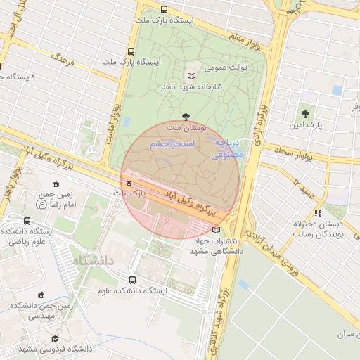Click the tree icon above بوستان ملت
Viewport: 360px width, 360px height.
coord(186,116)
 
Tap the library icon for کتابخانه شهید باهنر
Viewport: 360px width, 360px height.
coord(191,75)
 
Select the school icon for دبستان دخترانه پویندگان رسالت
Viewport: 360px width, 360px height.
coord(318,212)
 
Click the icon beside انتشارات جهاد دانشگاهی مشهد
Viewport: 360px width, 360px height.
coord(215,229)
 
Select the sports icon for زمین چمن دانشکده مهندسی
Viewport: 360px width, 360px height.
coord(41,295)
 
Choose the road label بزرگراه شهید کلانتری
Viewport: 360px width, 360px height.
coord(226,309)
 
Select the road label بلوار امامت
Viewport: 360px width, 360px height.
coord(116,105)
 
